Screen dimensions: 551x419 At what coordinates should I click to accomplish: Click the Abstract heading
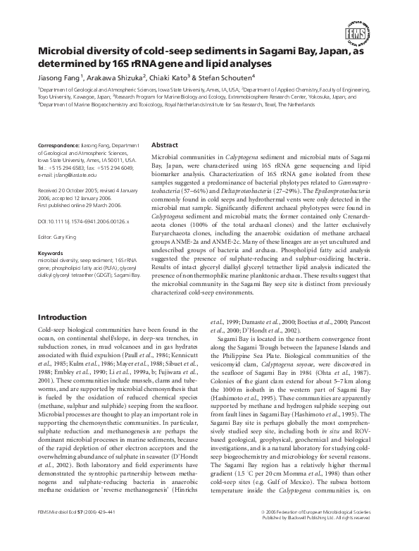coord(165,144)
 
